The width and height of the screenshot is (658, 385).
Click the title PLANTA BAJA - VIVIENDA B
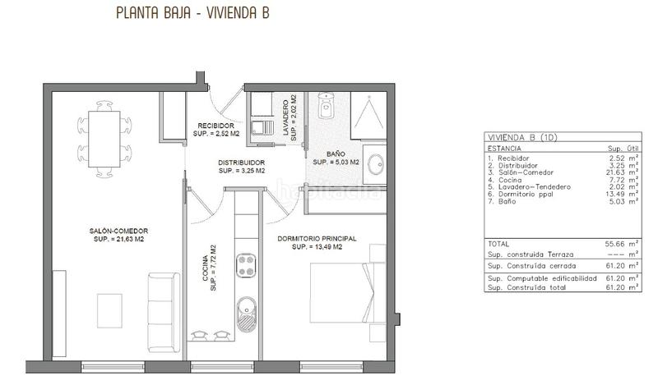pos(192,14)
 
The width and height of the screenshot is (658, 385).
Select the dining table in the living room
pos(105,138)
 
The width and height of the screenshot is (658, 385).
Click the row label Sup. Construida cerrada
pos(531,266)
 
